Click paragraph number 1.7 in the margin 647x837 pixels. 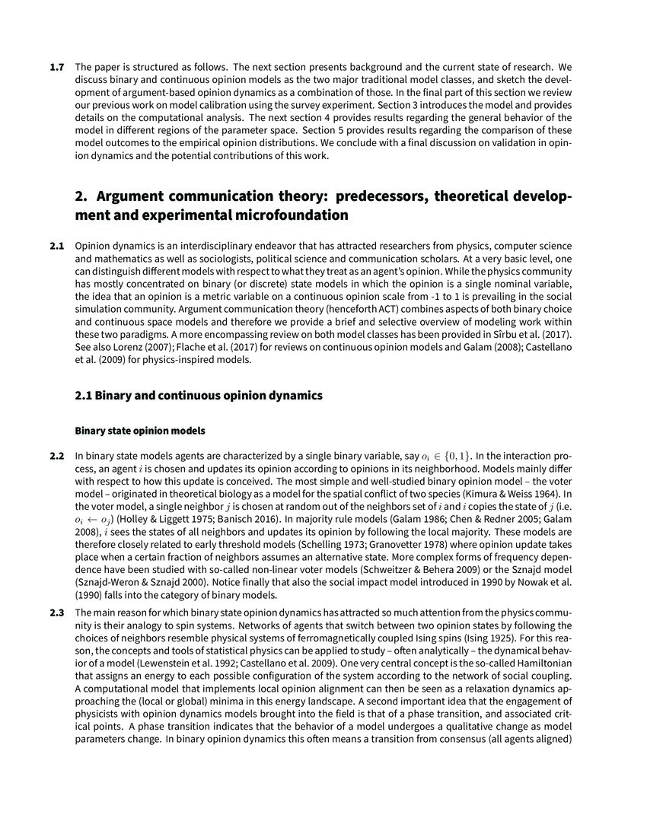pos(56,68)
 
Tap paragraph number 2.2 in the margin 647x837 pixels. pos(56,456)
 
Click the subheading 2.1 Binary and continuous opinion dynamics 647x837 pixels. pos(199,396)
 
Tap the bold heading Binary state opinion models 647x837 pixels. pos(140,431)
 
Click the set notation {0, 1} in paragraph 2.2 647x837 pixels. pos(458,456)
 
